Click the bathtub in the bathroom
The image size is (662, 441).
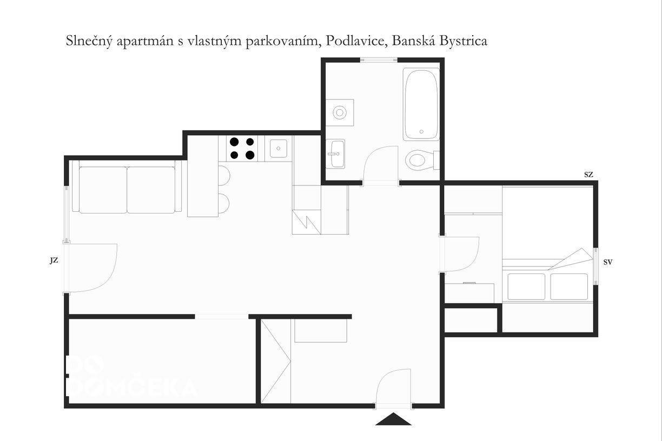point(421,104)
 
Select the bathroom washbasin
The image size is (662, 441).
point(335,153)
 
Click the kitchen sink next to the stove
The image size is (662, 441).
point(278,148)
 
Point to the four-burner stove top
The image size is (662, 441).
point(242,148)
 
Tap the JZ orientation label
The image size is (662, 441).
point(54,260)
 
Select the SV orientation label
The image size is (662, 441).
point(608,262)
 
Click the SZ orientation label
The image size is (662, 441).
point(588,175)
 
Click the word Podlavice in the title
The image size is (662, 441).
point(356,41)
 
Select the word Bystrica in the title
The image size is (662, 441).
point(463,42)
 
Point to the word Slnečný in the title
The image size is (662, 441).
point(89,42)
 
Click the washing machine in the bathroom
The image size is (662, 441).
point(340,112)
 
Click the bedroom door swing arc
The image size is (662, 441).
point(473,260)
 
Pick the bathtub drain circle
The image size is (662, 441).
point(421,132)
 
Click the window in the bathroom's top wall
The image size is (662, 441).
point(379,60)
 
